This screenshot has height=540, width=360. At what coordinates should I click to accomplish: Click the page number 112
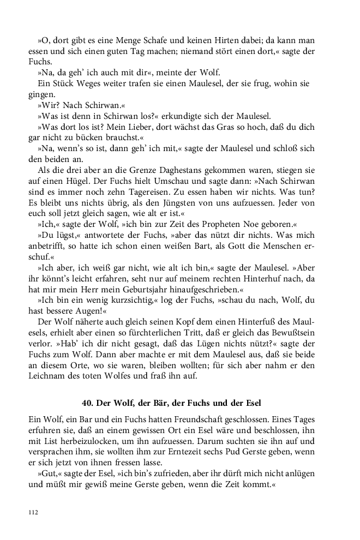click(x=32, y=512)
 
